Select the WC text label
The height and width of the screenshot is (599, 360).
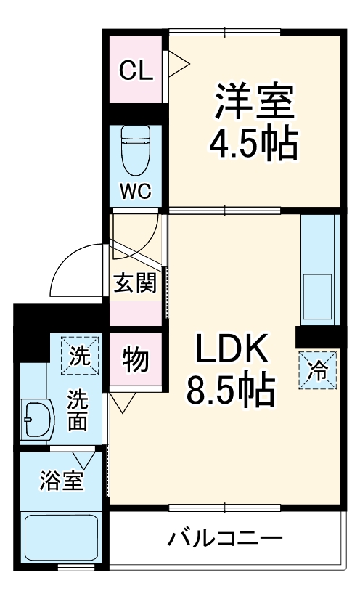135,192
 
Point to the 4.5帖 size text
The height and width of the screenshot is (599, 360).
253,145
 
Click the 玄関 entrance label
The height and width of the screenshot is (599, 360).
135,282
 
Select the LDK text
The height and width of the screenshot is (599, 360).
231,351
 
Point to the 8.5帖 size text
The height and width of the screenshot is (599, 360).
231,392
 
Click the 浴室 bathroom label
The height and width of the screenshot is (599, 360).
62,480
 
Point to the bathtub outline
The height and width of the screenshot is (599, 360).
62,537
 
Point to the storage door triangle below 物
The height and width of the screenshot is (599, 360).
120,402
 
